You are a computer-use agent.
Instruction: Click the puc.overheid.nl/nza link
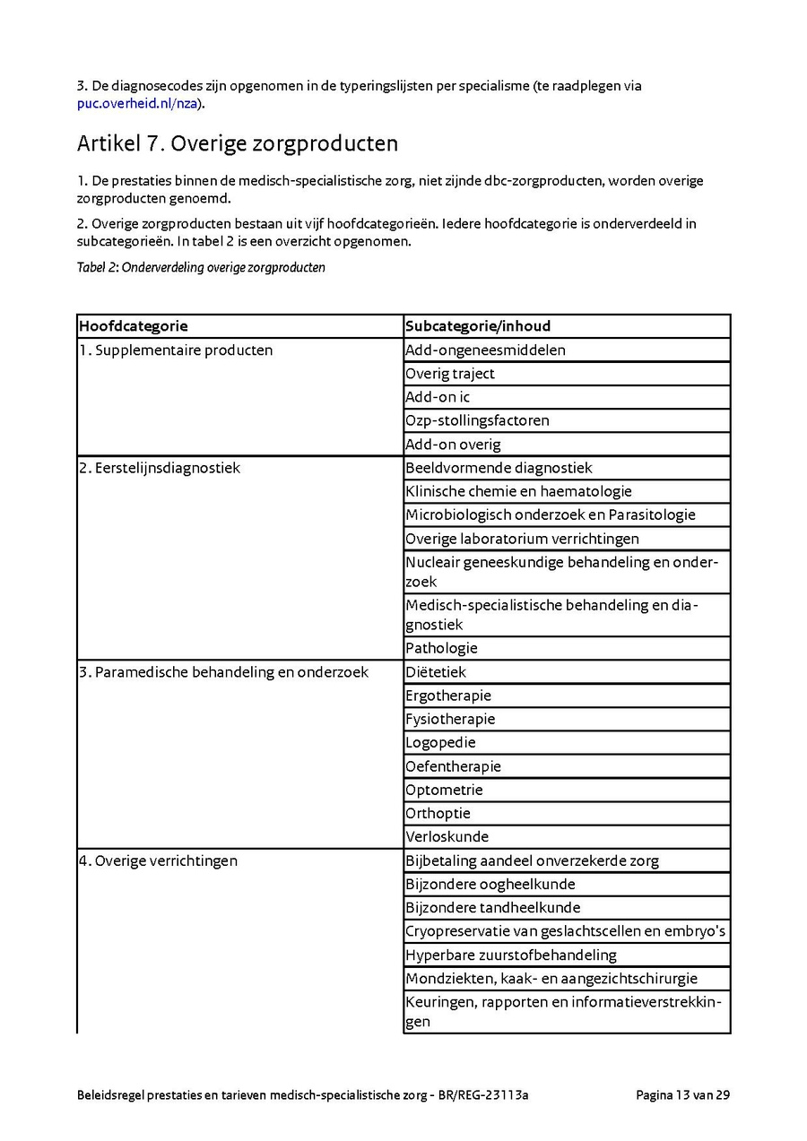pos(136,103)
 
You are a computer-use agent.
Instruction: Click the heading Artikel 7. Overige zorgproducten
pos(238,143)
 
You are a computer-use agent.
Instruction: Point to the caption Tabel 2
pos(201,267)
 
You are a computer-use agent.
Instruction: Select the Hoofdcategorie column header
pos(134,326)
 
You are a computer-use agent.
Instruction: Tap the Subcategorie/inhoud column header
pos(478,326)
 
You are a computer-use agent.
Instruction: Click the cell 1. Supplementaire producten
pos(176,350)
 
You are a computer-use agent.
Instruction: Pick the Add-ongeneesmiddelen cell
pos(485,350)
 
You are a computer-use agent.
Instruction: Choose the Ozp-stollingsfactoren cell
pos(477,420)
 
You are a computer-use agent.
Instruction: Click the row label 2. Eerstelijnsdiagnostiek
pos(160,468)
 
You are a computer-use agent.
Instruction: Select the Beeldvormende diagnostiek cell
pos(499,468)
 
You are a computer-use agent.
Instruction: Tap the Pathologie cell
pos(441,648)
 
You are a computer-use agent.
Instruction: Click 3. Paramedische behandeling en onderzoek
pos(223,672)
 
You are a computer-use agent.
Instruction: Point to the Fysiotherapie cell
pos(450,719)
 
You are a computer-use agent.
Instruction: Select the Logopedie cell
pos(440,742)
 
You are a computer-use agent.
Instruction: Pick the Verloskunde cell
pos(447,836)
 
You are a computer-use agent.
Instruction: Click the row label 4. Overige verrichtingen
pos(158,860)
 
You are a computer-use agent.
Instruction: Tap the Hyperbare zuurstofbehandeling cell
pos(510,955)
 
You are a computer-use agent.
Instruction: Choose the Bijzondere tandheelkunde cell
pos(492,907)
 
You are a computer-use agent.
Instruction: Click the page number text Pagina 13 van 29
pos(682,1094)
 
